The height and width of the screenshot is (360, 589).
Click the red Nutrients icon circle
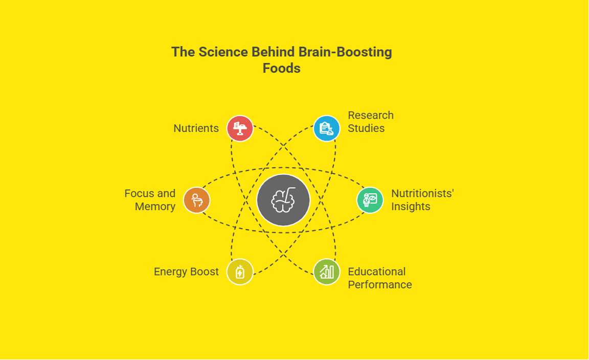pos(240,128)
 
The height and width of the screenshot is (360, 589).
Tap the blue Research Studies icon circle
pos(326,128)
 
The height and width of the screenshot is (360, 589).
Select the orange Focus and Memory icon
pos(196,200)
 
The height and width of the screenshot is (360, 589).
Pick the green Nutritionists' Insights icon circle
pos(370,200)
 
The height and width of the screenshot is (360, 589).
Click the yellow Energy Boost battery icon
pos(240,272)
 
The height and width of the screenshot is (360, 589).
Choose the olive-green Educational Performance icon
pos(326,272)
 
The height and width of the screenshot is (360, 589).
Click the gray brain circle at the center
pos(283,200)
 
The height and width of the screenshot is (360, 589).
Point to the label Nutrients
pos(196,128)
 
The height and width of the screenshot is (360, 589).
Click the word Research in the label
pos(371,115)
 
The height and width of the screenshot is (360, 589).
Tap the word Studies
pos(366,128)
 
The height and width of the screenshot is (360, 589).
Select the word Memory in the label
pos(155,207)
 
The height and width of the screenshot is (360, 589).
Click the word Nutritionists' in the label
pos(423,193)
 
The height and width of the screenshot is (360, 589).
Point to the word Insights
pos(411,207)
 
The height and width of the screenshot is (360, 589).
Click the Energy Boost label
pos(186,272)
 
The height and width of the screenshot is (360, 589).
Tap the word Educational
pos(377,272)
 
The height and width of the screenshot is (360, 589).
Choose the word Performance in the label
pos(380,284)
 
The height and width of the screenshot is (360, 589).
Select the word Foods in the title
pos(281,68)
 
